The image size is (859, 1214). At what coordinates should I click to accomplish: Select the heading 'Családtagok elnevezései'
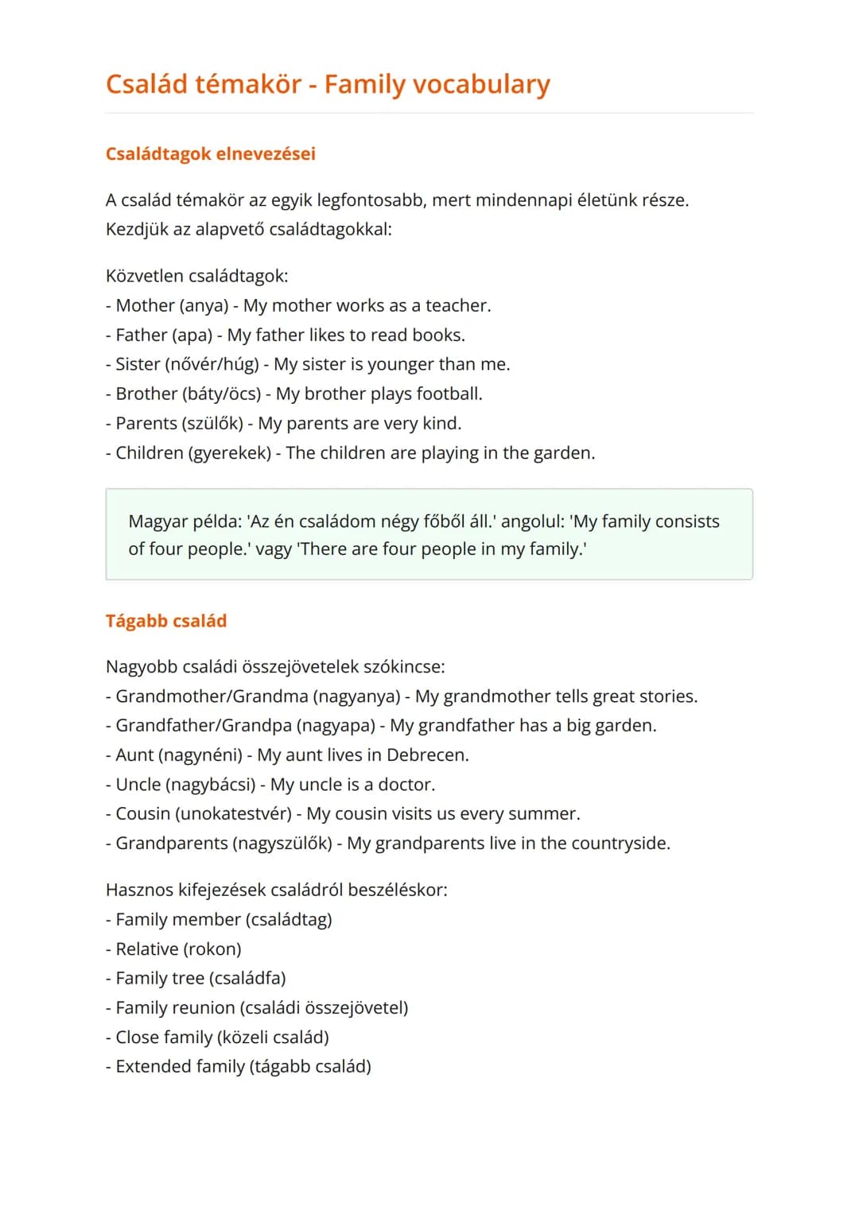coord(210,153)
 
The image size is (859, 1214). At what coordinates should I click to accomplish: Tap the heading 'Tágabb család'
coord(165,621)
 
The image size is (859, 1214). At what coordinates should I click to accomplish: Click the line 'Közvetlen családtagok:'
coord(196,276)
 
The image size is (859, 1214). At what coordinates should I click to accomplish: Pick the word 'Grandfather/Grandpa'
coord(204,725)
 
